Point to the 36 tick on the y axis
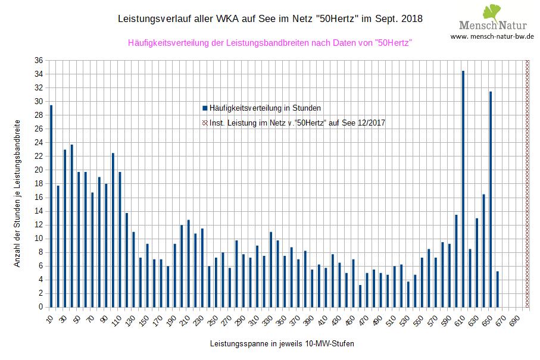coord(39,60)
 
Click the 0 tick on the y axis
coord(40,307)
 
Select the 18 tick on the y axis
coord(39,184)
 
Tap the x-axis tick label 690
coord(516,320)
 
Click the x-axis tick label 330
coord(269,320)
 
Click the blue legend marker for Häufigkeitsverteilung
coord(205,108)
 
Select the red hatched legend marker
coord(205,123)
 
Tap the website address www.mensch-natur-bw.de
coord(492,36)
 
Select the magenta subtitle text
coord(270,43)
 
